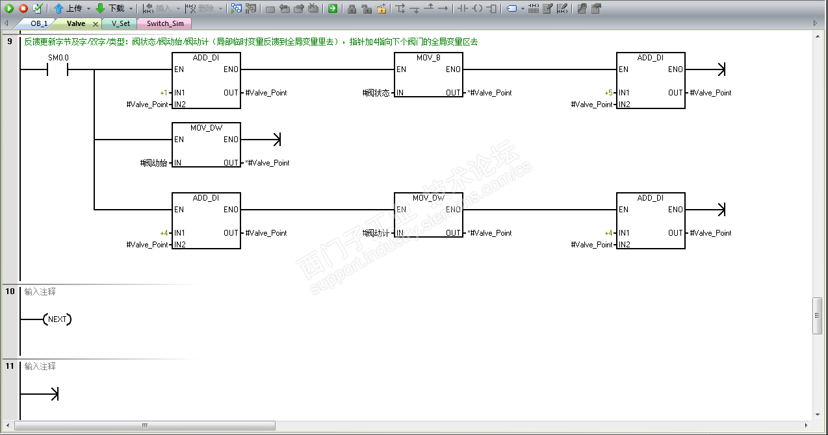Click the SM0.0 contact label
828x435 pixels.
point(58,58)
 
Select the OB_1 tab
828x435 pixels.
point(39,23)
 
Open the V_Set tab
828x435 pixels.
point(120,23)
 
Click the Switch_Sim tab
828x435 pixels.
point(164,23)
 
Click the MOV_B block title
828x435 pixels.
point(428,58)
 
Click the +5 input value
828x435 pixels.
point(608,93)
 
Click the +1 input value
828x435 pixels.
point(164,93)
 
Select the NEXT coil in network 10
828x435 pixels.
point(57,319)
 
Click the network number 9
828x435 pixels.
point(10,42)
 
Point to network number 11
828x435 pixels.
point(10,366)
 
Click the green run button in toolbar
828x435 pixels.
point(9,8)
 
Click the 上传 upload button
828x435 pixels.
point(68,8)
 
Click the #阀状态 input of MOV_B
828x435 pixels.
point(376,93)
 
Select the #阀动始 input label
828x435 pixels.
point(154,163)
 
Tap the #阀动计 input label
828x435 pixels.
point(376,233)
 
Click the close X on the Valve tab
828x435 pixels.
point(95,24)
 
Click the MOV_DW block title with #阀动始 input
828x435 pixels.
point(206,128)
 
